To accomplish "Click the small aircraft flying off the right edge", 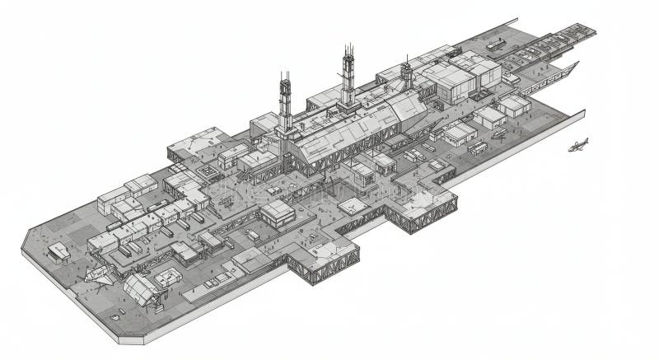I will (578, 146).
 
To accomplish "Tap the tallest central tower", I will (348, 78).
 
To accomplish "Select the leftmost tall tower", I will (285, 103).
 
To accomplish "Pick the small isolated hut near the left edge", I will (58, 251).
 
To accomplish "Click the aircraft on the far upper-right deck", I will (496, 44).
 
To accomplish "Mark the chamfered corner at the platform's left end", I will (27, 239).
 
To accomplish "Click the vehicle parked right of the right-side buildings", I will (499, 133).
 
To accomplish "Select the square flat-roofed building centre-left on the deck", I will (278, 213).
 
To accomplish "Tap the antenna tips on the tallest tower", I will (348, 49).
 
